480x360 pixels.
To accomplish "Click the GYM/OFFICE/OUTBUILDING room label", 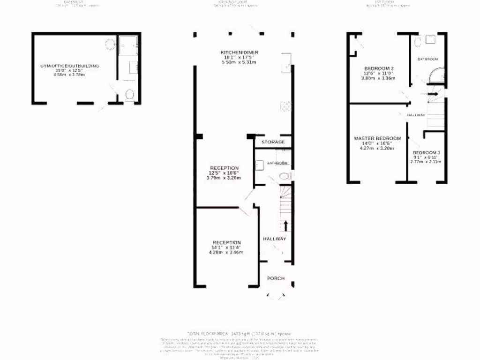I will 70,67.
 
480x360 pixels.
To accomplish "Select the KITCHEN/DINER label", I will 240,52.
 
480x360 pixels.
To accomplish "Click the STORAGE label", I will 273,142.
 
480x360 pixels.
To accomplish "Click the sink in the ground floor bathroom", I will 259,164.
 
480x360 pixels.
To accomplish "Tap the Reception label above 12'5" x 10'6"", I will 224,168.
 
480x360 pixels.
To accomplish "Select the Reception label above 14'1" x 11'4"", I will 226,242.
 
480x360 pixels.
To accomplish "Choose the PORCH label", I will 276,278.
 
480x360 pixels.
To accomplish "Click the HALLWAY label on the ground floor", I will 274,239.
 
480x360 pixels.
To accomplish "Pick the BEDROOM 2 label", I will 379,68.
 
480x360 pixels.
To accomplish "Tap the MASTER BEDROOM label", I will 377,138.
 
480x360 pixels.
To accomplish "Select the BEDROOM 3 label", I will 426,153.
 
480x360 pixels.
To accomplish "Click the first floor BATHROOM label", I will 428,59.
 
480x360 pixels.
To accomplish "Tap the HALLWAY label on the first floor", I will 416,115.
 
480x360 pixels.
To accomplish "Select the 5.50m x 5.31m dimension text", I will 239,62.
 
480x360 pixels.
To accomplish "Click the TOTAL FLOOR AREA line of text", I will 240,333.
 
